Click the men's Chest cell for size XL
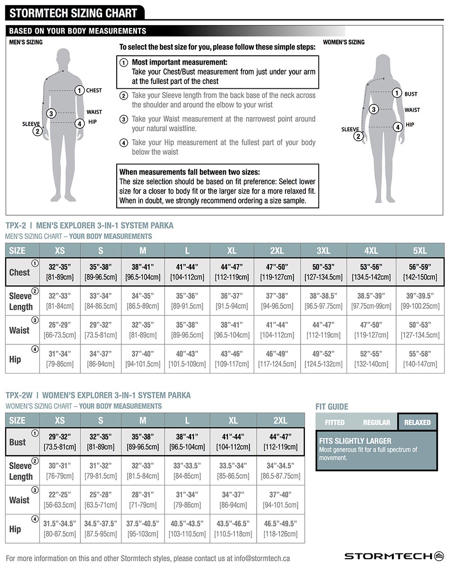(x=232, y=272)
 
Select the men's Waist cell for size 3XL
(x=323, y=330)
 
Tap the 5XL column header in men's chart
(x=420, y=250)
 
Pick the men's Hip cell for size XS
(x=60, y=359)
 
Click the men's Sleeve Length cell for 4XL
(x=371, y=301)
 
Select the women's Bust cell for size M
(x=143, y=442)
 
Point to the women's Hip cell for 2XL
(x=280, y=528)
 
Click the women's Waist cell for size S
(x=101, y=500)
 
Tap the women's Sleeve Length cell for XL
(x=233, y=470)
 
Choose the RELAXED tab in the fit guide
(x=417, y=422)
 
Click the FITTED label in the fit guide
(x=335, y=422)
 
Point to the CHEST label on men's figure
(x=94, y=90)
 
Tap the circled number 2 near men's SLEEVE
(x=37, y=131)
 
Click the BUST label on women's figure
(x=411, y=94)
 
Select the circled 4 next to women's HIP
(x=397, y=127)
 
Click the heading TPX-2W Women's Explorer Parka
(x=98, y=395)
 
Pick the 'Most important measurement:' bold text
(x=179, y=62)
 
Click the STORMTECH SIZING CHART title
(x=73, y=13)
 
